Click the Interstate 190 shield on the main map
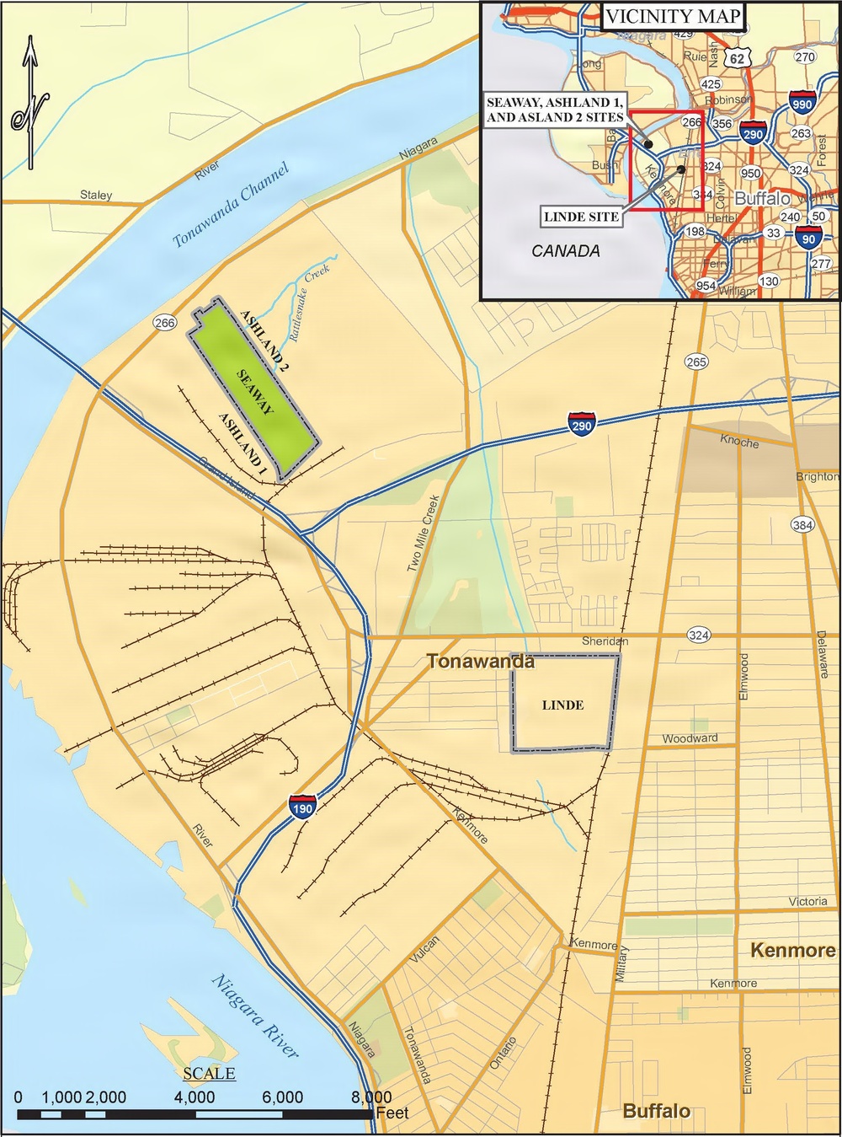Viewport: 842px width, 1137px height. pos(302,806)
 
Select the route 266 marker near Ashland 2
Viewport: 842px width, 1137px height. pos(165,323)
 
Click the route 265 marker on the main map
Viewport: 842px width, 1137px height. pos(696,362)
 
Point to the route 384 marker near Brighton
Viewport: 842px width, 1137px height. pos(802,524)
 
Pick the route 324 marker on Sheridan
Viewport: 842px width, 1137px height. pos(698,635)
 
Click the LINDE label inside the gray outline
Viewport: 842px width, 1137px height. pos(562,705)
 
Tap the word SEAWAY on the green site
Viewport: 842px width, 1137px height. pos(255,392)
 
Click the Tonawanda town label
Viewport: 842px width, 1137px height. pos(480,662)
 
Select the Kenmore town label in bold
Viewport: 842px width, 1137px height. pos(792,950)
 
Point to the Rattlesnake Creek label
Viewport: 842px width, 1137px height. pos(307,302)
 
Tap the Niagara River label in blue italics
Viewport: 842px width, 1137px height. pos(255,1015)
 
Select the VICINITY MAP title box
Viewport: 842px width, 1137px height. pos(673,16)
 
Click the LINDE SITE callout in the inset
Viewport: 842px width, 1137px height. pos(582,217)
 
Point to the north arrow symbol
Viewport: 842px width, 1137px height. pos(30,101)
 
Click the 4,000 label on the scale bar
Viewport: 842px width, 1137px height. pos(195,1097)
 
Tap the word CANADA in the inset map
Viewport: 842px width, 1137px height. pos(566,250)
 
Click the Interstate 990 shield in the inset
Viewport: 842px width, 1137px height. pos(802,103)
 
